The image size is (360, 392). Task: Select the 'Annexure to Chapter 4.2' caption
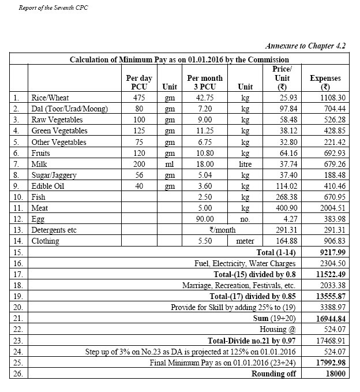click(305, 45)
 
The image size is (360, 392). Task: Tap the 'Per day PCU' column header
click(137, 82)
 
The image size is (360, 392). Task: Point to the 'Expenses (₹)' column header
click(325, 82)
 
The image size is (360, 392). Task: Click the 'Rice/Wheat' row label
click(50, 98)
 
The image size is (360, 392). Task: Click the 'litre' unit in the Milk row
click(245, 164)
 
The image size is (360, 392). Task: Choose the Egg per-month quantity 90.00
click(205, 219)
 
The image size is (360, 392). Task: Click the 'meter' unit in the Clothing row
click(245, 241)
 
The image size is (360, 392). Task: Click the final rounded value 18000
click(333, 374)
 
